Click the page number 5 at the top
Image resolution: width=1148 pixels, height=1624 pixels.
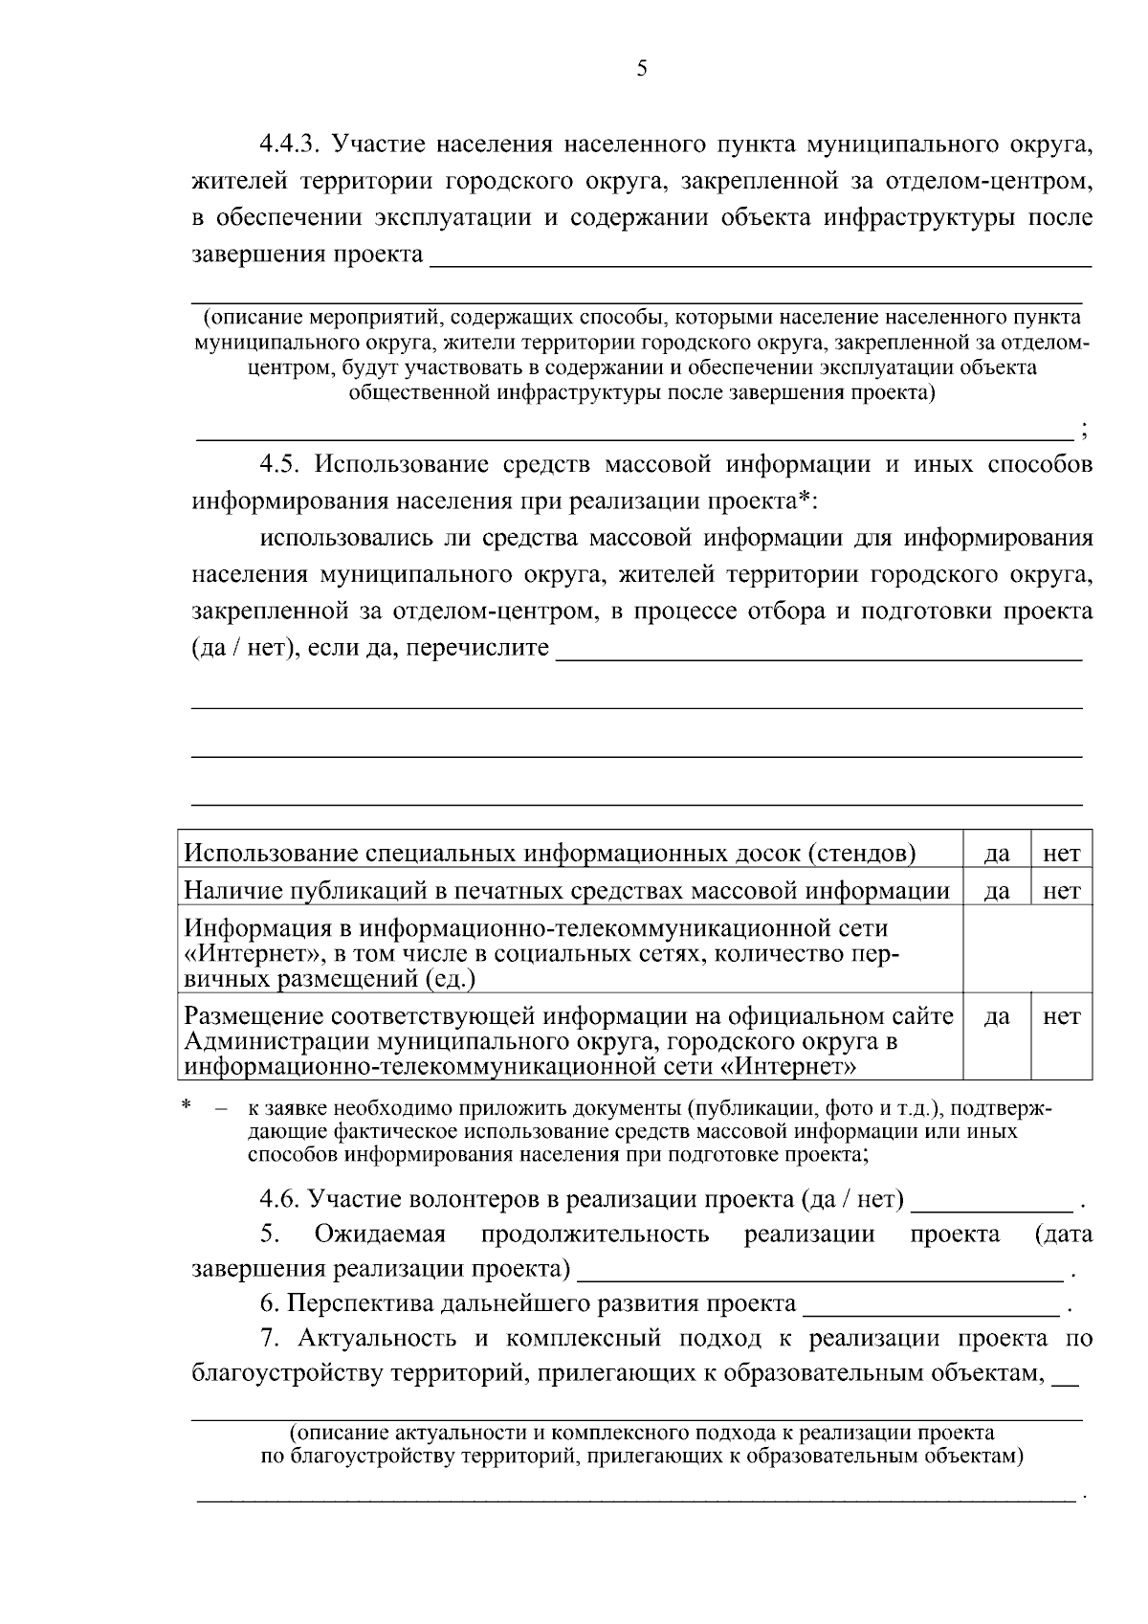(x=641, y=68)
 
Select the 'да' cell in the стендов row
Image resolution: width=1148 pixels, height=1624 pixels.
(x=997, y=854)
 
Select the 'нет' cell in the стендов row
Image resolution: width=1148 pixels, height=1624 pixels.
(x=1062, y=854)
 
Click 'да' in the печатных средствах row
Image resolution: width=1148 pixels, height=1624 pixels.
(x=997, y=891)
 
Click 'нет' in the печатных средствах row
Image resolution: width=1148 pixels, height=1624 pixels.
(x=1062, y=891)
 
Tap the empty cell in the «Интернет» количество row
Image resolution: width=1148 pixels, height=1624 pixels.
(x=1027, y=953)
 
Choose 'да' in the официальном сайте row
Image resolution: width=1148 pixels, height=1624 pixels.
(x=997, y=1016)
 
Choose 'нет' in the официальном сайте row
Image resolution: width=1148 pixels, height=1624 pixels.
(x=1062, y=1016)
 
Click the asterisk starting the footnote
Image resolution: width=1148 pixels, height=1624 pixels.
(x=187, y=1107)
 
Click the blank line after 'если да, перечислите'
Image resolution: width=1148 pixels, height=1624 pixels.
(x=819, y=652)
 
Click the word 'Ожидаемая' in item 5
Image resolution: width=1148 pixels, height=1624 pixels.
(x=380, y=1235)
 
